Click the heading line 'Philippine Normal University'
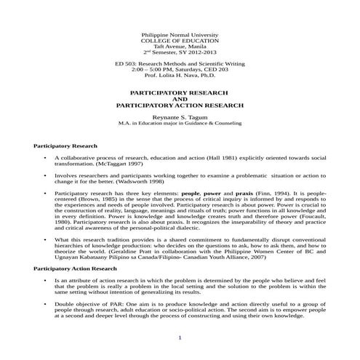pos(179,35)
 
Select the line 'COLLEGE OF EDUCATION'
pos(179,41)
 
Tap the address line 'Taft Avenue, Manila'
pos(179,47)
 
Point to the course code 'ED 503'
pos(136,64)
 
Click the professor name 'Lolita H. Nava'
pos(183,76)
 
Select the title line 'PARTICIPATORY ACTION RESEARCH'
pos(179,105)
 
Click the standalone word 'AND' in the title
pos(179,100)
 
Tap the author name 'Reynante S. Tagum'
pos(179,117)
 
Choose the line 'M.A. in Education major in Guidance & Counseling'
pos(179,123)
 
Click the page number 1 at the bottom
pos(179,337)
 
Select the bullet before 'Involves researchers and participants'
pos(46,175)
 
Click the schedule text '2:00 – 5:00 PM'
pos(164,70)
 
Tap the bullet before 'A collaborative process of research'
pos(46,158)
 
